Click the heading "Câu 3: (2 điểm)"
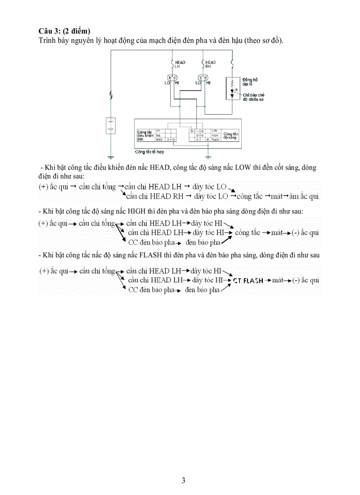coord(64,31)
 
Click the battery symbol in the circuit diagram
coord(111,126)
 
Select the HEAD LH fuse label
coord(180,64)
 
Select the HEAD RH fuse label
coord(210,64)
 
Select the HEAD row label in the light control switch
coord(158,139)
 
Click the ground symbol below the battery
coord(111,156)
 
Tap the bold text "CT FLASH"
coord(248,280)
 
